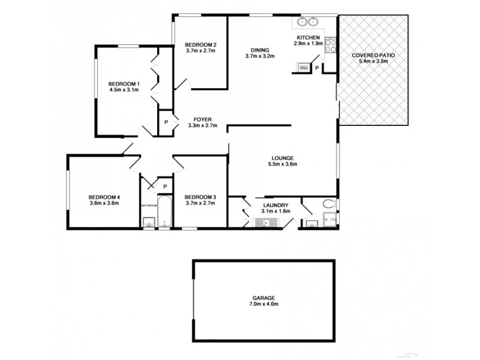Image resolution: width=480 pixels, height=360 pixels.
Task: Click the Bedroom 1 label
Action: pyautogui.click(x=124, y=83)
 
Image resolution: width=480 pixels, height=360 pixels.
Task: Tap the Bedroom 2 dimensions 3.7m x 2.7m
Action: pyautogui.click(x=200, y=52)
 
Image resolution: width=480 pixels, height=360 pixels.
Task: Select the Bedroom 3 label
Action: pyautogui.click(x=200, y=197)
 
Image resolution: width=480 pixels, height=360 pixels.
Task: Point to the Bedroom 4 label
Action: pyautogui.click(x=104, y=197)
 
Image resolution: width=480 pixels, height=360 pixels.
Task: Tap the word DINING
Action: pyautogui.click(x=259, y=50)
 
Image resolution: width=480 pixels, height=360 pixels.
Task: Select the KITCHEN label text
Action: pyautogui.click(x=308, y=37)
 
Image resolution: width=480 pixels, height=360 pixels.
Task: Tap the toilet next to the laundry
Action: pyautogui.click(x=329, y=205)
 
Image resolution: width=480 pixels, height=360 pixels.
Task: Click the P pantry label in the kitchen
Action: pyautogui.click(x=316, y=68)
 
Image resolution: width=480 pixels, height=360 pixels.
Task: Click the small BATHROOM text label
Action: pyautogui.click(x=149, y=205)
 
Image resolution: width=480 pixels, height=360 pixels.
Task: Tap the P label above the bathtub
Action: pyautogui.click(x=164, y=185)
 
